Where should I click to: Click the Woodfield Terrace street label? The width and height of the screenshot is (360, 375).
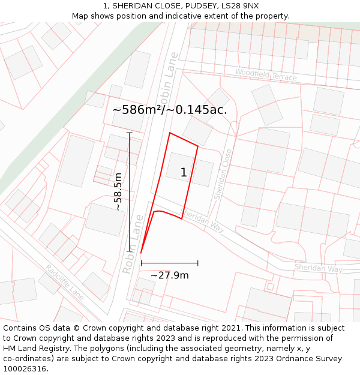click(x=266, y=74)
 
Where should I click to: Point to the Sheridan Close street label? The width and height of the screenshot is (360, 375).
click(x=223, y=175)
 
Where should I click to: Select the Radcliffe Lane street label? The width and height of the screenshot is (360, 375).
click(x=64, y=282)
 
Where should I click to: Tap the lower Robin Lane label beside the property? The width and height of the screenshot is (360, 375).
click(x=133, y=244)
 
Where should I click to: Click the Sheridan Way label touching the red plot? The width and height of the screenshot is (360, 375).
click(x=202, y=220)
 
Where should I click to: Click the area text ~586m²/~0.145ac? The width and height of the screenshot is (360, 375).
click(x=170, y=110)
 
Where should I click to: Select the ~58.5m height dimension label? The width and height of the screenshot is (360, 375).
click(x=118, y=191)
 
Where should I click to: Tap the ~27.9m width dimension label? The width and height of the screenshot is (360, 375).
click(x=169, y=275)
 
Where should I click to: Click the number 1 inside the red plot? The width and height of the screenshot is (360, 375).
click(x=184, y=173)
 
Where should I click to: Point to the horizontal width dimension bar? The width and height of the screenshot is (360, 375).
click(x=169, y=263)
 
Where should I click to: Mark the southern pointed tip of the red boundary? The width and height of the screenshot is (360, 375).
click(x=141, y=253)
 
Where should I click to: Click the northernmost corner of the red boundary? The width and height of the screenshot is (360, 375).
click(x=170, y=133)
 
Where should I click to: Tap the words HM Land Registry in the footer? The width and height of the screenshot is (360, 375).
click(x=31, y=349)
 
